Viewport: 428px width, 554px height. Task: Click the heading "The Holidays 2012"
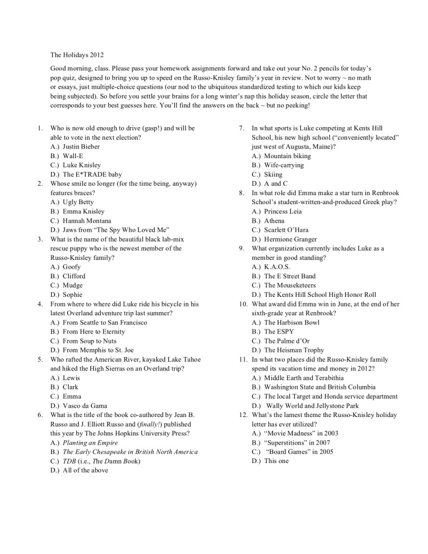point(77,55)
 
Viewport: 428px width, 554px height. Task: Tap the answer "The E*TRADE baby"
point(92,174)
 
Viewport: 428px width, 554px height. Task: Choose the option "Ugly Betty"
point(78,202)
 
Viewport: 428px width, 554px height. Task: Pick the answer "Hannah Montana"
point(87,221)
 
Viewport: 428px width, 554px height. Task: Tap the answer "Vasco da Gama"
point(85,406)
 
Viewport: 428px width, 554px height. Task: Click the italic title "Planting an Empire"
point(90,442)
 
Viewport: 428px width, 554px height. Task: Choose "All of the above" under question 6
point(85,471)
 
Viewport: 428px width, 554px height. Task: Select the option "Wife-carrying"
point(284,165)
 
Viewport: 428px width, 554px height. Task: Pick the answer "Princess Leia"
point(283,211)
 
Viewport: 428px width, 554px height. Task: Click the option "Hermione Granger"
point(291,239)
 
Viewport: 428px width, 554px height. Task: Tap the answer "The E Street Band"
point(289,276)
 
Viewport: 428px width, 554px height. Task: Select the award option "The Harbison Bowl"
point(292,322)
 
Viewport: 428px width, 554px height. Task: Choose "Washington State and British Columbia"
point(320,387)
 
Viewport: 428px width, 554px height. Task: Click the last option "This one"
point(276,461)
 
